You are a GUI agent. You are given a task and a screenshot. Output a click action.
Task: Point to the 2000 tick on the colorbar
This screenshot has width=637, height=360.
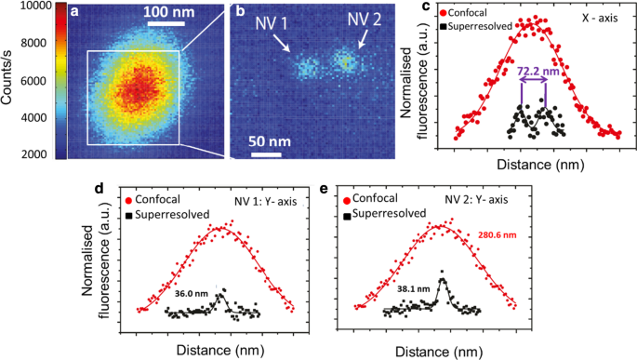click(x=36, y=154)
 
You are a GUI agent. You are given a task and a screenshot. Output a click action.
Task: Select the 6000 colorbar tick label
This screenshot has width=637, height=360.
click(x=36, y=81)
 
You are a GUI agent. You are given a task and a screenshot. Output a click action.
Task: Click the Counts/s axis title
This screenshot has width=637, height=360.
click(x=8, y=81)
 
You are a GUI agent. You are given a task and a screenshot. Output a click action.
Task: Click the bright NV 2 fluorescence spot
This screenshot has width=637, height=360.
click(x=346, y=62)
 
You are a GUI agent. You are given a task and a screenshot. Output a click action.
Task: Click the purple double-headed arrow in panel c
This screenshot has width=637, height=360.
click(x=533, y=81)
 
